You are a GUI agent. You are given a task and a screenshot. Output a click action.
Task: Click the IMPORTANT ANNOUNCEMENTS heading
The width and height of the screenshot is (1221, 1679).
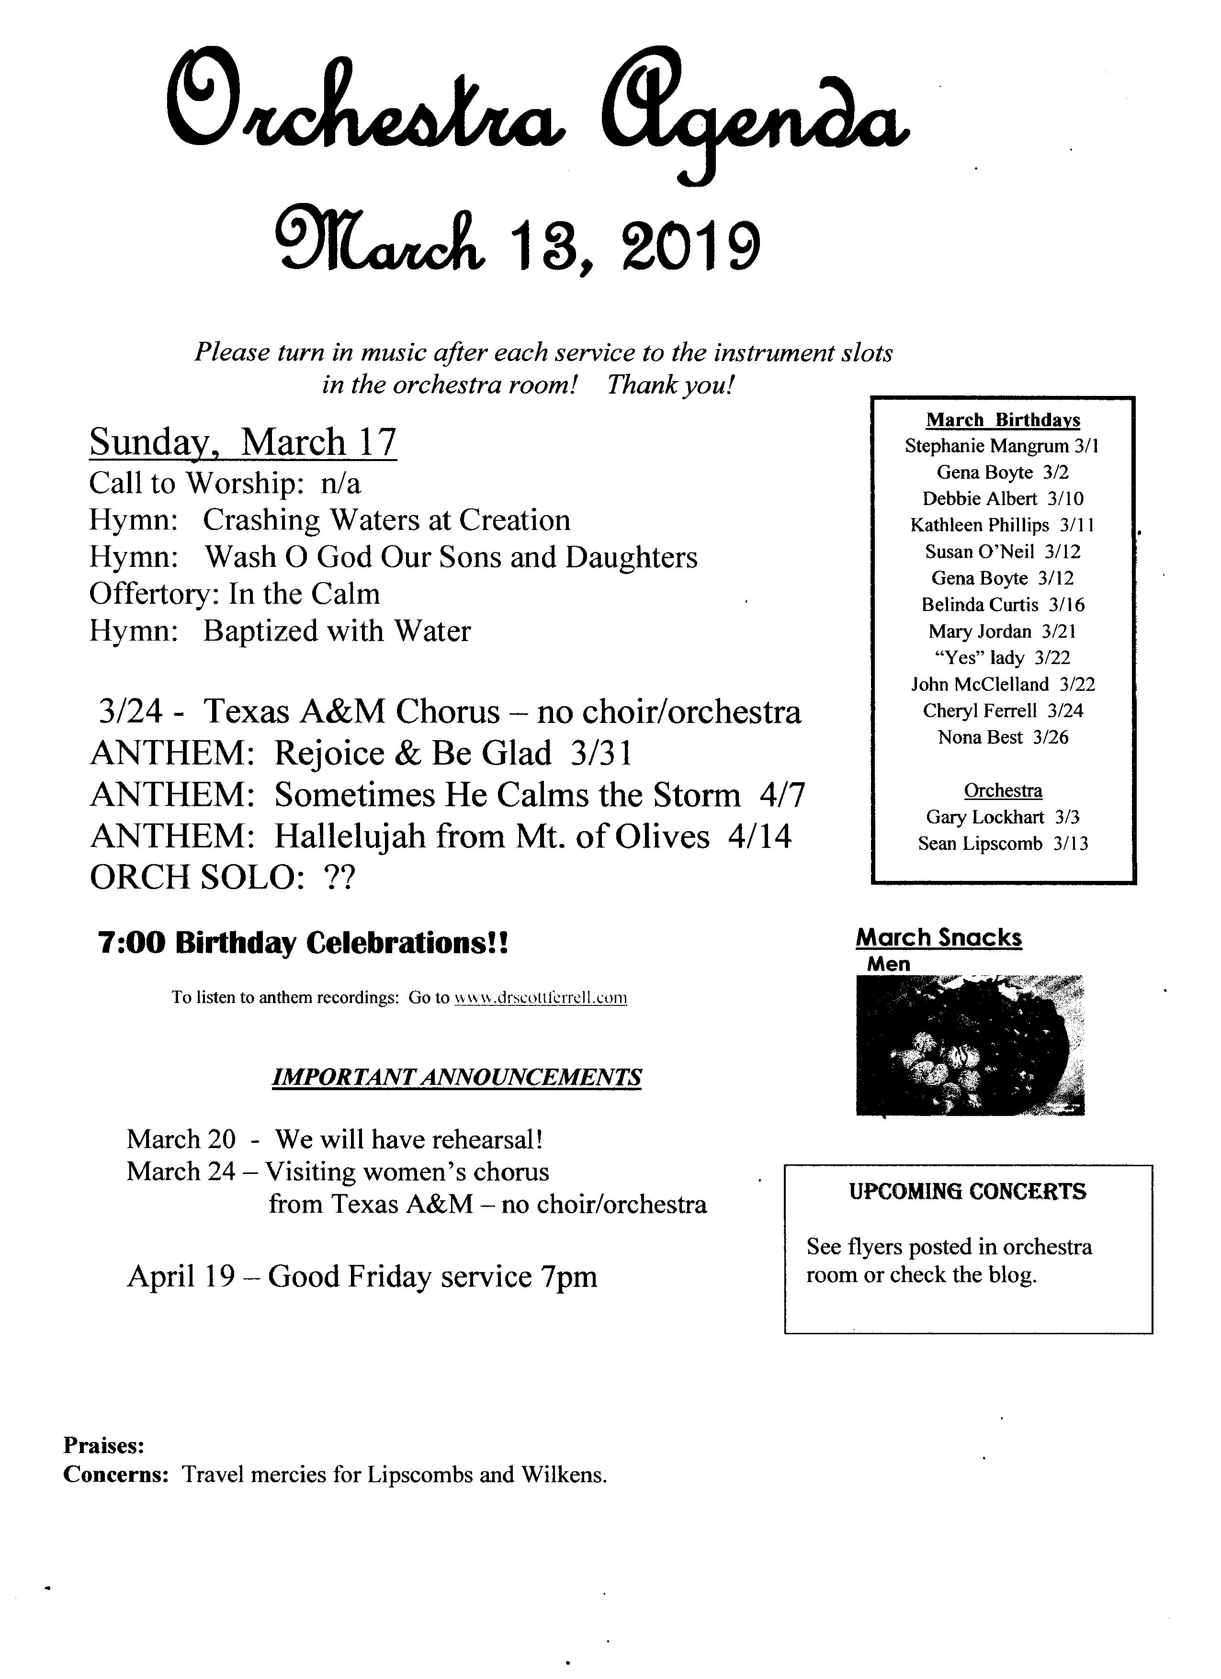pyautogui.click(x=457, y=1077)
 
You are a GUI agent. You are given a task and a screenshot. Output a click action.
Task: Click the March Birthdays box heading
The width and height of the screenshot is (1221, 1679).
pyautogui.click(x=1003, y=420)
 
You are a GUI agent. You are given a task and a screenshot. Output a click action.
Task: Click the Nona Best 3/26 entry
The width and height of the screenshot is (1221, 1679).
pyautogui.click(x=1003, y=737)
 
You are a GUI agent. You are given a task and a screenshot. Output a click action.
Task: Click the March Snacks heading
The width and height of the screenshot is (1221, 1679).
pyautogui.click(x=939, y=938)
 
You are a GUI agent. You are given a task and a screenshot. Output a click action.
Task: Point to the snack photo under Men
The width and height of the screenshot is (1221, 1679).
pyautogui.click(x=970, y=1045)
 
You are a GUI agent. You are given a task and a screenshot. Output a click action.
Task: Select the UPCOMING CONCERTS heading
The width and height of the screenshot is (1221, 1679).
pyautogui.click(x=968, y=1192)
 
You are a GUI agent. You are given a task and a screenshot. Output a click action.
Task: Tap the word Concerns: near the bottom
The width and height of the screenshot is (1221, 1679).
pyautogui.click(x=116, y=1475)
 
